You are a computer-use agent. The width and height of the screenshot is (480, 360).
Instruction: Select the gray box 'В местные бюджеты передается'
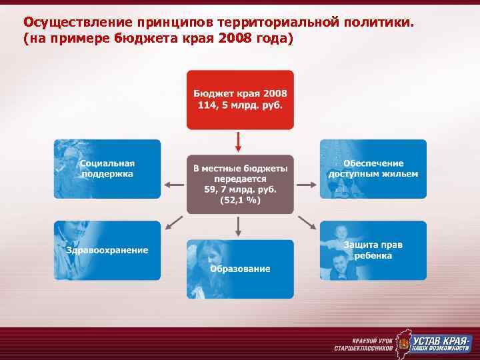[x=239, y=185]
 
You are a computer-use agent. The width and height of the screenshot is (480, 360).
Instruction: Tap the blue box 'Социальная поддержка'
[x=107, y=169]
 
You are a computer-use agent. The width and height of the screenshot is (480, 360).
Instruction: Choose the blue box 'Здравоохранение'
[x=107, y=250]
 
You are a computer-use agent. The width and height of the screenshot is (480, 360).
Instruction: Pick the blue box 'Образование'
[x=240, y=269]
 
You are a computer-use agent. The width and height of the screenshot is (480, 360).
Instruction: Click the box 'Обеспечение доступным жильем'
[x=373, y=169]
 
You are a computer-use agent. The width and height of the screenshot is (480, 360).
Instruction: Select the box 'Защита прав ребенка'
[x=373, y=250]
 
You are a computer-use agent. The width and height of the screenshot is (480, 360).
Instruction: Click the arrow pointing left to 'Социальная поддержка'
[x=174, y=185]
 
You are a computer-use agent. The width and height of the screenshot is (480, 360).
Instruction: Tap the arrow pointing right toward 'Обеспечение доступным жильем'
[x=305, y=185]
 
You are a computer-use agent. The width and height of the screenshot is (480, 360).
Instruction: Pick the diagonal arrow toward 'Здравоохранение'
[x=175, y=222]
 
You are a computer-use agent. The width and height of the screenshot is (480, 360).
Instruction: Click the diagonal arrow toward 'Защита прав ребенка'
[x=306, y=222]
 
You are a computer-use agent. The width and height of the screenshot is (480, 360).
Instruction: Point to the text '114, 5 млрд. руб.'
[x=239, y=105]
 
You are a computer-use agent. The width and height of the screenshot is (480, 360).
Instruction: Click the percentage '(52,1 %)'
[x=239, y=201]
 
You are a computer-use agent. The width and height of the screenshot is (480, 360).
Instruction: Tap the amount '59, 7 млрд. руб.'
[x=239, y=190]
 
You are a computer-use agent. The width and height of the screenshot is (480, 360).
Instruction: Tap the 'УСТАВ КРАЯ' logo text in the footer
[x=441, y=339]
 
